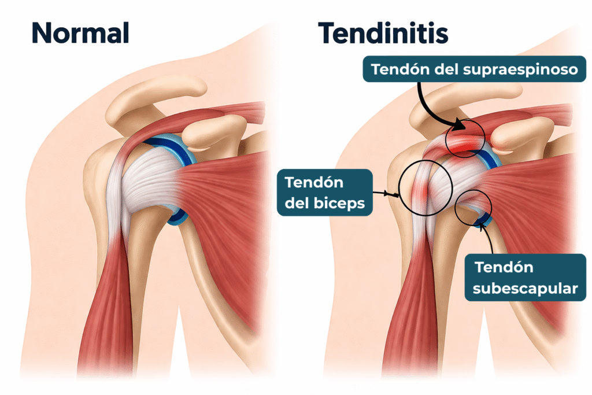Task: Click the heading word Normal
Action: click(x=80, y=34)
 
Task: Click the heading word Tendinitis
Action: click(x=383, y=34)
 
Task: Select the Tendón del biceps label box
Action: click(x=324, y=193)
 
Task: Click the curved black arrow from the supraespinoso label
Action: click(x=435, y=107)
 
